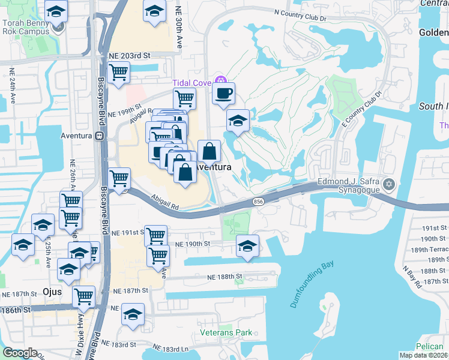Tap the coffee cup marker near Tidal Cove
(x=223, y=94)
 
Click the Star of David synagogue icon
(x=389, y=183)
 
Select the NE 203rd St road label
(x=128, y=55)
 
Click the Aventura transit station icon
(x=97, y=136)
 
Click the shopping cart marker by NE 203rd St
(x=119, y=73)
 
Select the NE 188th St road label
(x=224, y=277)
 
